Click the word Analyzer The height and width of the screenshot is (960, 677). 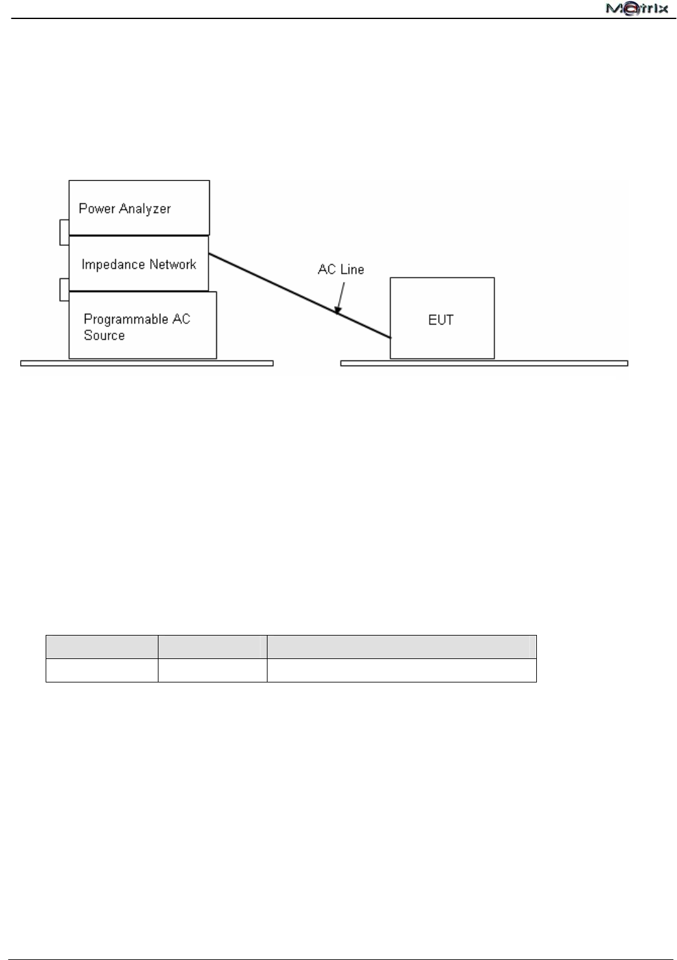[146, 208]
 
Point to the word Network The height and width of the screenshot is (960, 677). [172, 264]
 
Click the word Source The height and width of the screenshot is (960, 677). [105, 335]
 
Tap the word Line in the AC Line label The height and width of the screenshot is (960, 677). [352, 269]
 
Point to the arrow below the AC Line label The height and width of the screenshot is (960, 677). [340, 298]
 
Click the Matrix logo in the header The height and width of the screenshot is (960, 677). [637, 9]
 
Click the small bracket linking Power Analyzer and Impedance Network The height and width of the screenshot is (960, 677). [64, 232]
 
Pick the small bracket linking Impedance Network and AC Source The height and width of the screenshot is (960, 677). [64, 289]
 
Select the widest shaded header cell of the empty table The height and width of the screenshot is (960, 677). [401, 647]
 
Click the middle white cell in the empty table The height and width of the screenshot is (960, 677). [212, 670]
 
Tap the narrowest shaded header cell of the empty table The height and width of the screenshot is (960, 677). [212, 647]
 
